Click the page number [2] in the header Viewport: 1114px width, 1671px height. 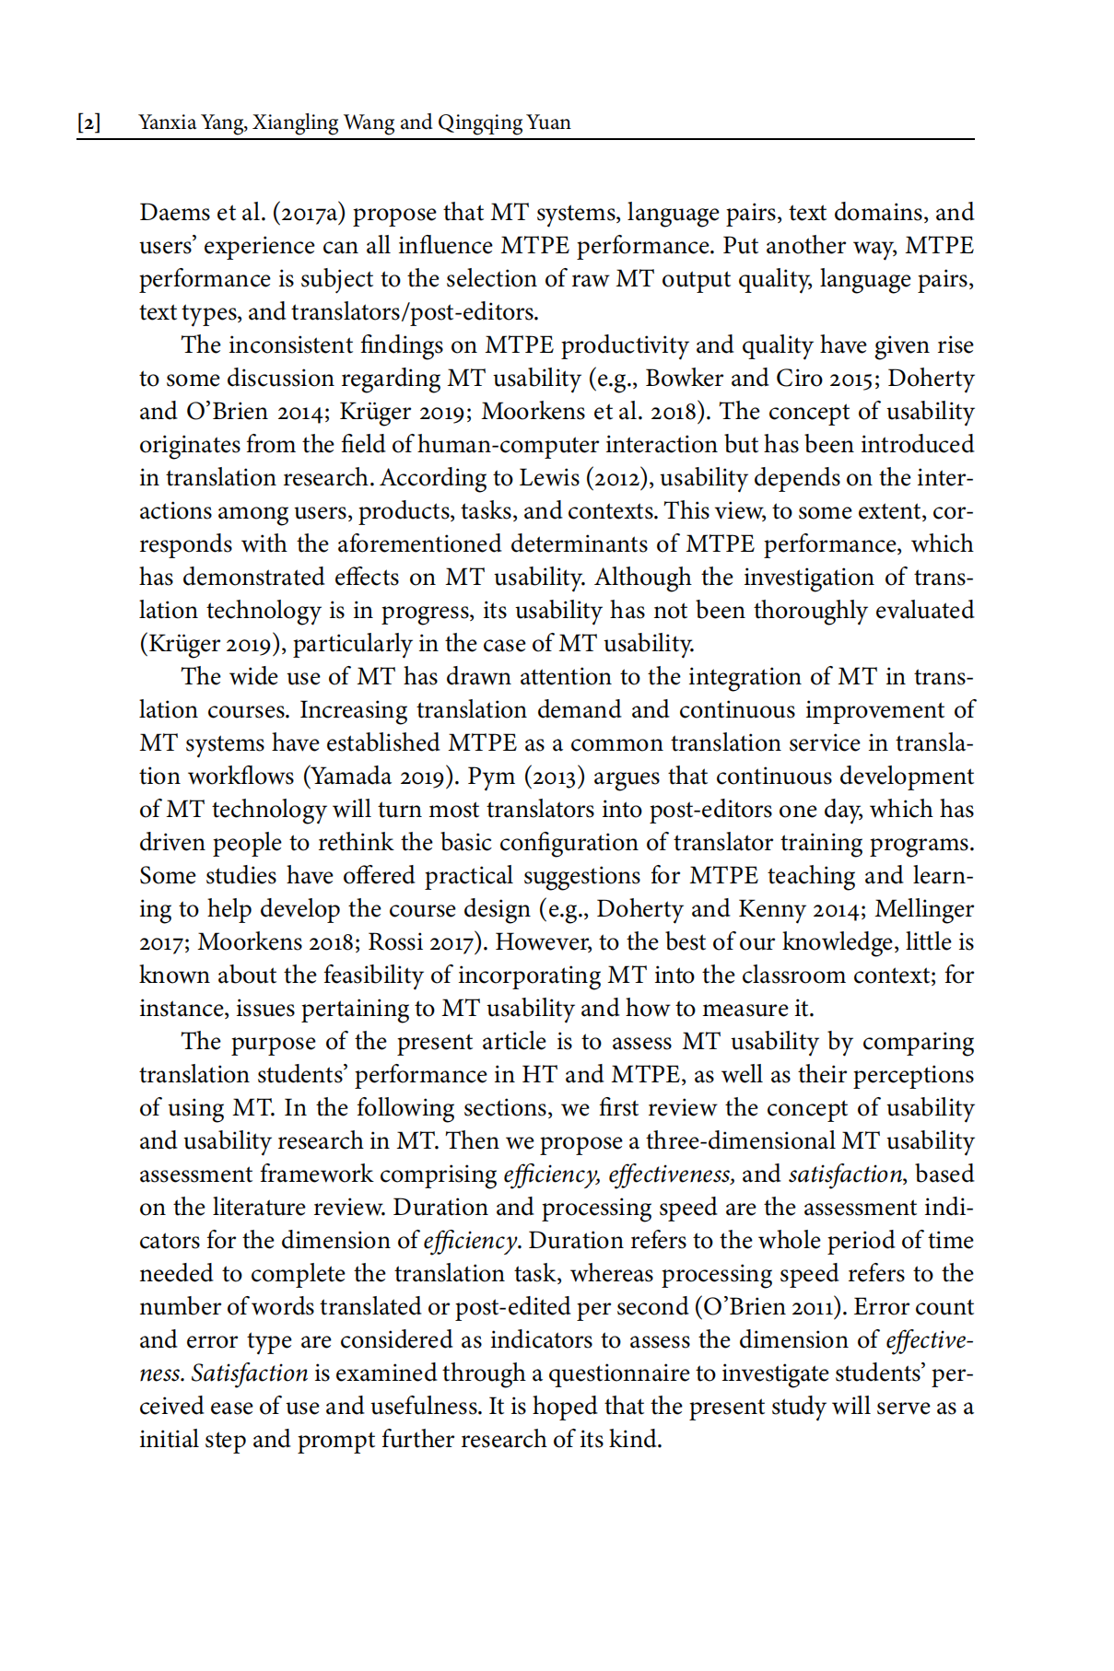(89, 123)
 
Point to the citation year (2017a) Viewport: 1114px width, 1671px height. (309, 213)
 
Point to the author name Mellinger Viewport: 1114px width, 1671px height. (924, 909)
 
